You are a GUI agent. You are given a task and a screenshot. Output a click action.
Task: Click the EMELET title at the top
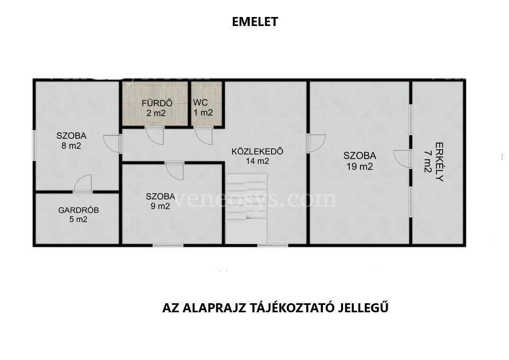[255, 22]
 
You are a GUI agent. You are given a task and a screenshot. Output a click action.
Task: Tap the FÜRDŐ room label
[157, 103]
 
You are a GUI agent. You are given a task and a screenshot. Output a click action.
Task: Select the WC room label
[200, 102]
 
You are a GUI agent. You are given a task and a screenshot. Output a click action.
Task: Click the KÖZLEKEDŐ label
[258, 151]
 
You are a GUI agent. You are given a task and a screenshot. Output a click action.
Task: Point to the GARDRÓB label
[78, 210]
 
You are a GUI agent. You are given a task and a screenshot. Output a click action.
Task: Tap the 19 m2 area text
[359, 166]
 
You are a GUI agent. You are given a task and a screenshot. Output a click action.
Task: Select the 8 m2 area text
[71, 146]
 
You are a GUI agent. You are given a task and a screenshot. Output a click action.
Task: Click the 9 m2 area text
[160, 206]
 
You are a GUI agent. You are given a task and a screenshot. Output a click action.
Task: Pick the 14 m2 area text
[258, 161]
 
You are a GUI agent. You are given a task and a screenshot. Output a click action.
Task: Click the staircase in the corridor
[247, 208]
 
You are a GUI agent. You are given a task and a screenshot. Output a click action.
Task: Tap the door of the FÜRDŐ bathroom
[154, 135]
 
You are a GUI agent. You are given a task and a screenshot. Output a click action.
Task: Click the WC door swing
[204, 135]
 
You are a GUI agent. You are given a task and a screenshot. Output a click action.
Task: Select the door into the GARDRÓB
[83, 184]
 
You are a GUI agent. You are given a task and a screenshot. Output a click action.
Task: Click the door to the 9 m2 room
[174, 171]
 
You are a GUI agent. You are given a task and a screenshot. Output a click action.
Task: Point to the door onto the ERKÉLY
[402, 159]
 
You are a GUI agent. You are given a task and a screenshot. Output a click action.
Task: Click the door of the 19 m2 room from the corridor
[316, 143]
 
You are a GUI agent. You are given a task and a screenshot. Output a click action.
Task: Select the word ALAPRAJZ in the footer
[214, 308]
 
